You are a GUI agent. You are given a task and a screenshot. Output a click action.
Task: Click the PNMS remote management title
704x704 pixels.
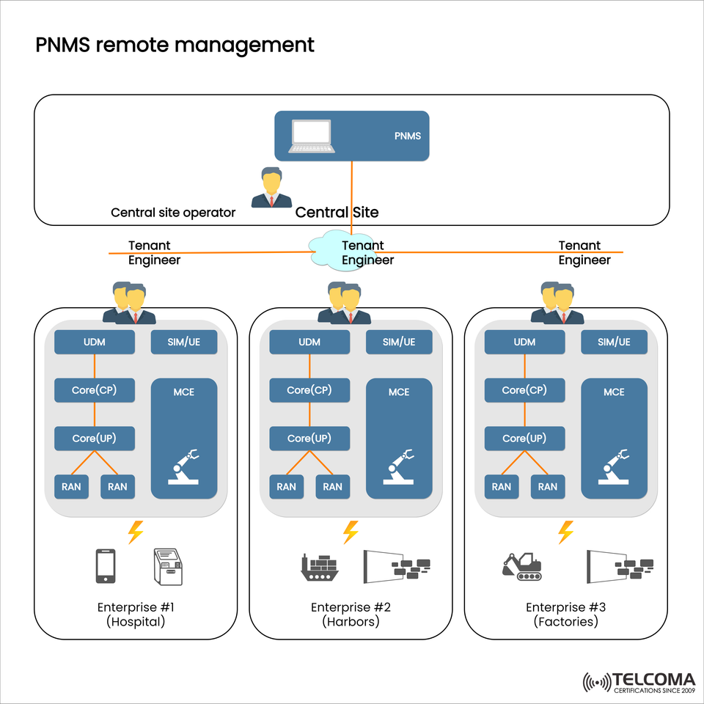(x=175, y=45)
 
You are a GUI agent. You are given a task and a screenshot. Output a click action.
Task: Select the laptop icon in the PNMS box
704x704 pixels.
(x=312, y=136)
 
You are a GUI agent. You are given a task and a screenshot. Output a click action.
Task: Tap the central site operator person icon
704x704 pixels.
(x=271, y=188)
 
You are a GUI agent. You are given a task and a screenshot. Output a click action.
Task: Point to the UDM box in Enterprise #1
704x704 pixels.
(x=95, y=342)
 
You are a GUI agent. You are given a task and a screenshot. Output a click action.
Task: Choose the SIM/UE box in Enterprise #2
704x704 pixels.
(x=399, y=342)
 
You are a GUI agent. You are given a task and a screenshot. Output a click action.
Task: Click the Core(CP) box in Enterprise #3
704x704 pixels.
(x=524, y=390)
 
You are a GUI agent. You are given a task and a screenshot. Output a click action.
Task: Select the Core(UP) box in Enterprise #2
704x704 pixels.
(x=309, y=439)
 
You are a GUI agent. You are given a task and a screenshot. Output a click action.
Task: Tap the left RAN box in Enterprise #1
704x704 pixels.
(x=71, y=487)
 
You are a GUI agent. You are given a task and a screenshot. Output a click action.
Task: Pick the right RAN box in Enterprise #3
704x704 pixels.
(x=548, y=487)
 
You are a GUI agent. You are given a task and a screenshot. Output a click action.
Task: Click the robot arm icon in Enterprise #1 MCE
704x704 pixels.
(x=184, y=466)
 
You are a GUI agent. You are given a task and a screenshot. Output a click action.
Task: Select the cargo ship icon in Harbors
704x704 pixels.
(x=320, y=567)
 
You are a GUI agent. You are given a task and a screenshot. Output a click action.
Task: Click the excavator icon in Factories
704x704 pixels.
(x=521, y=567)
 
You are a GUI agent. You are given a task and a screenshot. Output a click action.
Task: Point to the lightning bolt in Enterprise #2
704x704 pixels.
(x=351, y=532)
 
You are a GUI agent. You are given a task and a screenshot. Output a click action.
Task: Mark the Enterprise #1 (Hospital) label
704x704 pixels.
(x=136, y=615)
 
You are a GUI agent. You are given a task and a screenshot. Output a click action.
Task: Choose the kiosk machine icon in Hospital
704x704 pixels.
(x=167, y=566)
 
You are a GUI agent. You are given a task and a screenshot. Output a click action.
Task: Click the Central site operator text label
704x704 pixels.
(x=173, y=213)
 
